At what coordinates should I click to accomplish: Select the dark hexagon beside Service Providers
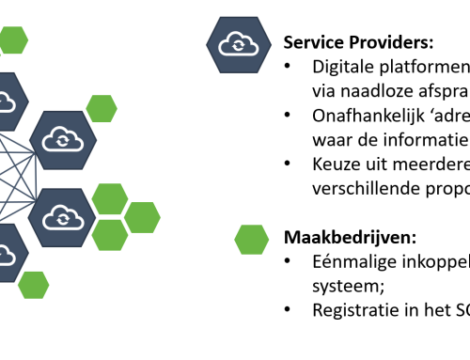pos(232,43)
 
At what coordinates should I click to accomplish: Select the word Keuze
pos(337,164)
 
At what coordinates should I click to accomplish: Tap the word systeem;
pos(345,283)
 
